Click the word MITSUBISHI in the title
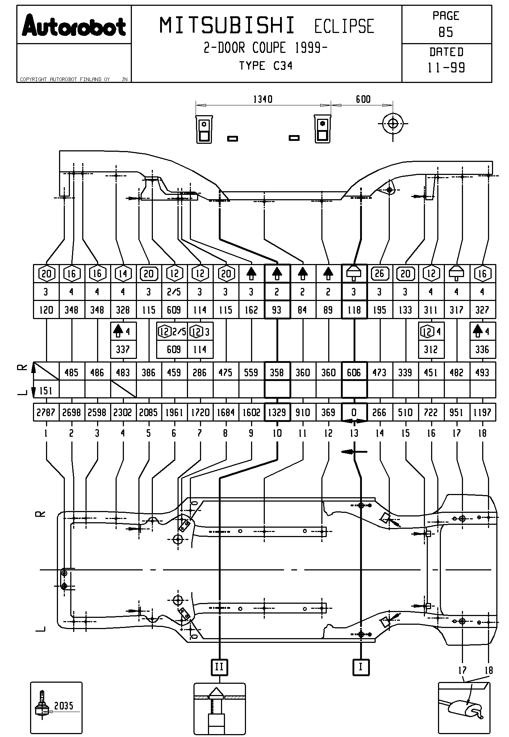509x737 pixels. [x=228, y=26]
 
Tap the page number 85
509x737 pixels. [x=446, y=33]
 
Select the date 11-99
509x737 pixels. [x=446, y=68]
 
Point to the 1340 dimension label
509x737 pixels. [x=263, y=99]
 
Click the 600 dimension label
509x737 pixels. [x=363, y=99]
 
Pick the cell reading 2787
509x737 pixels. [x=46, y=413]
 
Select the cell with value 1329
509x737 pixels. [x=277, y=413]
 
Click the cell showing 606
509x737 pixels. [x=354, y=373]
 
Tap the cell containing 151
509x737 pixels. [x=46, y=391]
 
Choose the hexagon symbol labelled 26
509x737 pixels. [x=379, y=273]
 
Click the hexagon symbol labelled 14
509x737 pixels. [x=123, y=273]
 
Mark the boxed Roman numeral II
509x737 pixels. [x=219, y=667]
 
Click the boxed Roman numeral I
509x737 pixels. [x=361, y=667]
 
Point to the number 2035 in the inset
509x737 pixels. [x=64, y=705]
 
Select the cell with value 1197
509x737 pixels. [x=482, y=413]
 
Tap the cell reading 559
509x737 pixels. [x=251, y=373]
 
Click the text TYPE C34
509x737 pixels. [x=266, y=66]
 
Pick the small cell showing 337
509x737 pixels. [x=123, y=349]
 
